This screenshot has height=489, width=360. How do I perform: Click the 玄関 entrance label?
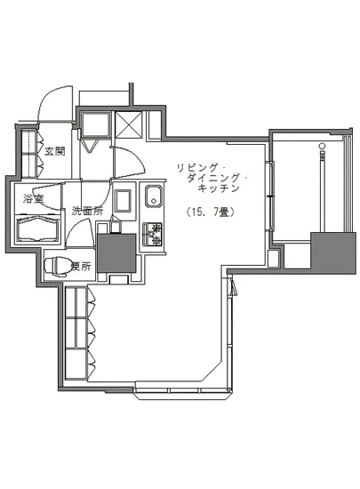(54, 151)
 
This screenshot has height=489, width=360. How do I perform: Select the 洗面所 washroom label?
(86, 212)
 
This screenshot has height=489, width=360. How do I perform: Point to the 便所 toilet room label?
(80, 264)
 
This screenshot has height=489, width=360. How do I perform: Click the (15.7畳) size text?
(210, 212)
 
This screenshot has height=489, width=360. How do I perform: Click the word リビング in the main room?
(195, 167)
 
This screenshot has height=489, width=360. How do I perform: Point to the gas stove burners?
(153, 233)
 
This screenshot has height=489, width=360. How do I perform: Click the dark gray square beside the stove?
(115, 252)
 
